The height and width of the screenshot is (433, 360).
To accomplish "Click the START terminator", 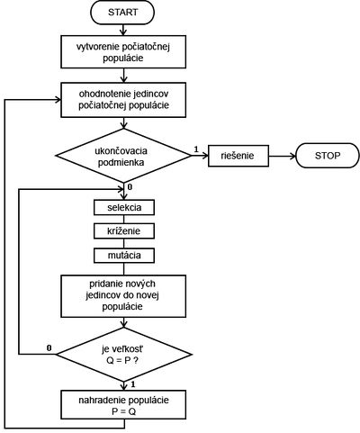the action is point(122,13).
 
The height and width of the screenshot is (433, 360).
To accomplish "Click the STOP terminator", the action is point(328,156).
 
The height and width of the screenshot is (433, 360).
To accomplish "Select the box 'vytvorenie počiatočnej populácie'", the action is point(123,52).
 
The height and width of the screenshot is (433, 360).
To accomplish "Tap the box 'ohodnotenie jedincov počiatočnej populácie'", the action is point(123,100).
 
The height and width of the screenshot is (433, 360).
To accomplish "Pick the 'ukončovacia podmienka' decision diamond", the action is point(123,156).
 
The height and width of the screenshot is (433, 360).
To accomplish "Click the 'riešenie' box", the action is point(238,156).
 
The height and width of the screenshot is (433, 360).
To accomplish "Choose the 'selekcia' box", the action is point(124,208).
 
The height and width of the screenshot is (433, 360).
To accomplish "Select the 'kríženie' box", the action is point(124,231).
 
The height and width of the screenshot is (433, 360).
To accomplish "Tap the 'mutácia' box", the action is point(124,256).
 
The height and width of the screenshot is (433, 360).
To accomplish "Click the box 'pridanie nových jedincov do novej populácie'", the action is point(123,296).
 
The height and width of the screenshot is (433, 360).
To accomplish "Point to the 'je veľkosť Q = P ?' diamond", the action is point(123,355).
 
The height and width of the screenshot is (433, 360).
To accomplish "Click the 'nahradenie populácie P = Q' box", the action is point(123,405).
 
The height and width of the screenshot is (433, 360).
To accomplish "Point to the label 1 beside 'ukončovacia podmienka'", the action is point(196,149).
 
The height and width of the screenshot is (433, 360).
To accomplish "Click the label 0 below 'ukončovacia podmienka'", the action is point(130,187).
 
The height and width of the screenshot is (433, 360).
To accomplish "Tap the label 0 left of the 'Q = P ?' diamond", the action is point(49,347).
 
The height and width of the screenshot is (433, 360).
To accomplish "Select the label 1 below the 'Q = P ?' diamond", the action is point(133,384).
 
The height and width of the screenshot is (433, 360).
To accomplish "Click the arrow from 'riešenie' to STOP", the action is point(283,156).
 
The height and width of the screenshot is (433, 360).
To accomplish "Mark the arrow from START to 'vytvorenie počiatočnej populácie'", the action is point(123,30).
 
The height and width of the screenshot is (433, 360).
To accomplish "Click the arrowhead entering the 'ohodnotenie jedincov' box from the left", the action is point(58,100).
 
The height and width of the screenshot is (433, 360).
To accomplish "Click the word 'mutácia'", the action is point(124,256).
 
